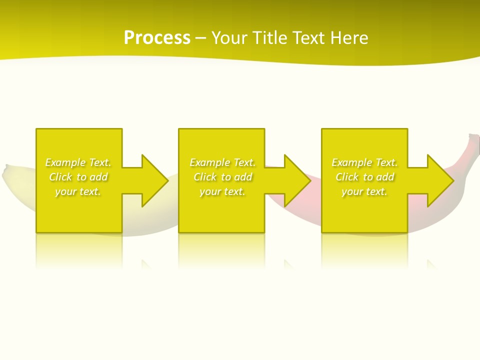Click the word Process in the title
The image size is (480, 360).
coord(157,38)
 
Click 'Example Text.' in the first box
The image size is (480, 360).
coord(78,162)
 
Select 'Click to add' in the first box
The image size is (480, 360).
coord(78,177)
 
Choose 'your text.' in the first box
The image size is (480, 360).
coord(78,191)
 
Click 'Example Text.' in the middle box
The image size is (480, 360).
coord(222,162)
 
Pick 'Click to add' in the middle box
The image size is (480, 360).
coord(222,177)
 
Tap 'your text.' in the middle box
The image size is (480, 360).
coord(222,191)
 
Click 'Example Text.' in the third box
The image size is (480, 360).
coord(364,162)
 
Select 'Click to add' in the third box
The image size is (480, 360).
coord(364,177)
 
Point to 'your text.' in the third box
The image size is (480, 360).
coord(364,191)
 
